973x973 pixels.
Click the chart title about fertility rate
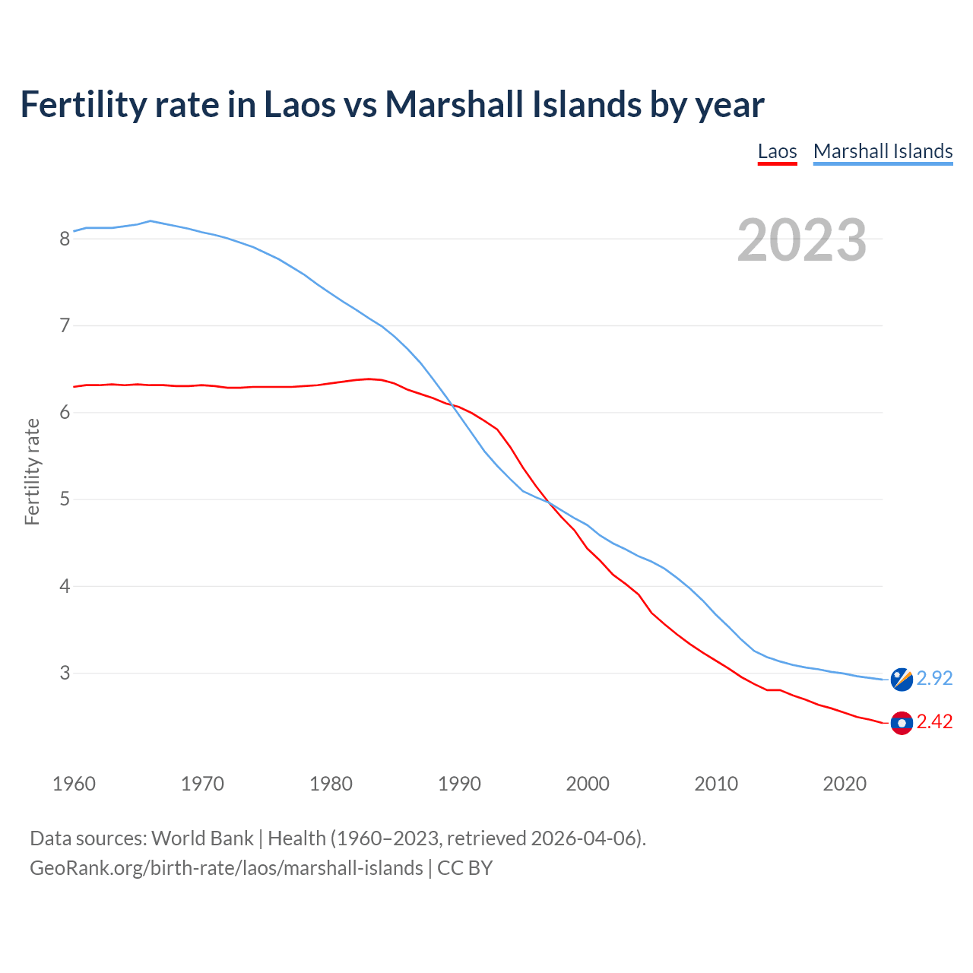(x=391, y=104)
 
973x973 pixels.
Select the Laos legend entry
(x=777, y=151)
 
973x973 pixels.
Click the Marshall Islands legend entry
(x=883, y=151)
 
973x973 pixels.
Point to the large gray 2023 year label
(x=801, y=240)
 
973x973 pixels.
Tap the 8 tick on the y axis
(x=65, y=239)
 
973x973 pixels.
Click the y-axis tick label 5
(x=65, y=500)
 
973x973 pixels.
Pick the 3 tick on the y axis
(x=65, y=673)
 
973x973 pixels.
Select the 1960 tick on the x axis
(x=74, y=784)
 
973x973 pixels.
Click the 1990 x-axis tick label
(x=459, y=784)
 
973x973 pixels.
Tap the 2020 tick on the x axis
(x=845, y=784)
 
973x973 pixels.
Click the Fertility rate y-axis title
(x=32, y=471)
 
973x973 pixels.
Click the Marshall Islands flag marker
(x=902, y=679)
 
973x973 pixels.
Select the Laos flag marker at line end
(x=902, y=723)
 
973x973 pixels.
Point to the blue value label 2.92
(x=934, y=678)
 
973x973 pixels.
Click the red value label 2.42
(x=934, y=722)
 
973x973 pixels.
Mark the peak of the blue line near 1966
(x=151, y=221)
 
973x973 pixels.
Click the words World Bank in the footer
(x=202, y=838)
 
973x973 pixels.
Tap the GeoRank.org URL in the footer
(x=226, y=868)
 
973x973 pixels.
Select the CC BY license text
(x=464, y=868)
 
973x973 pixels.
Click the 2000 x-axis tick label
(x=588, y=784)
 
